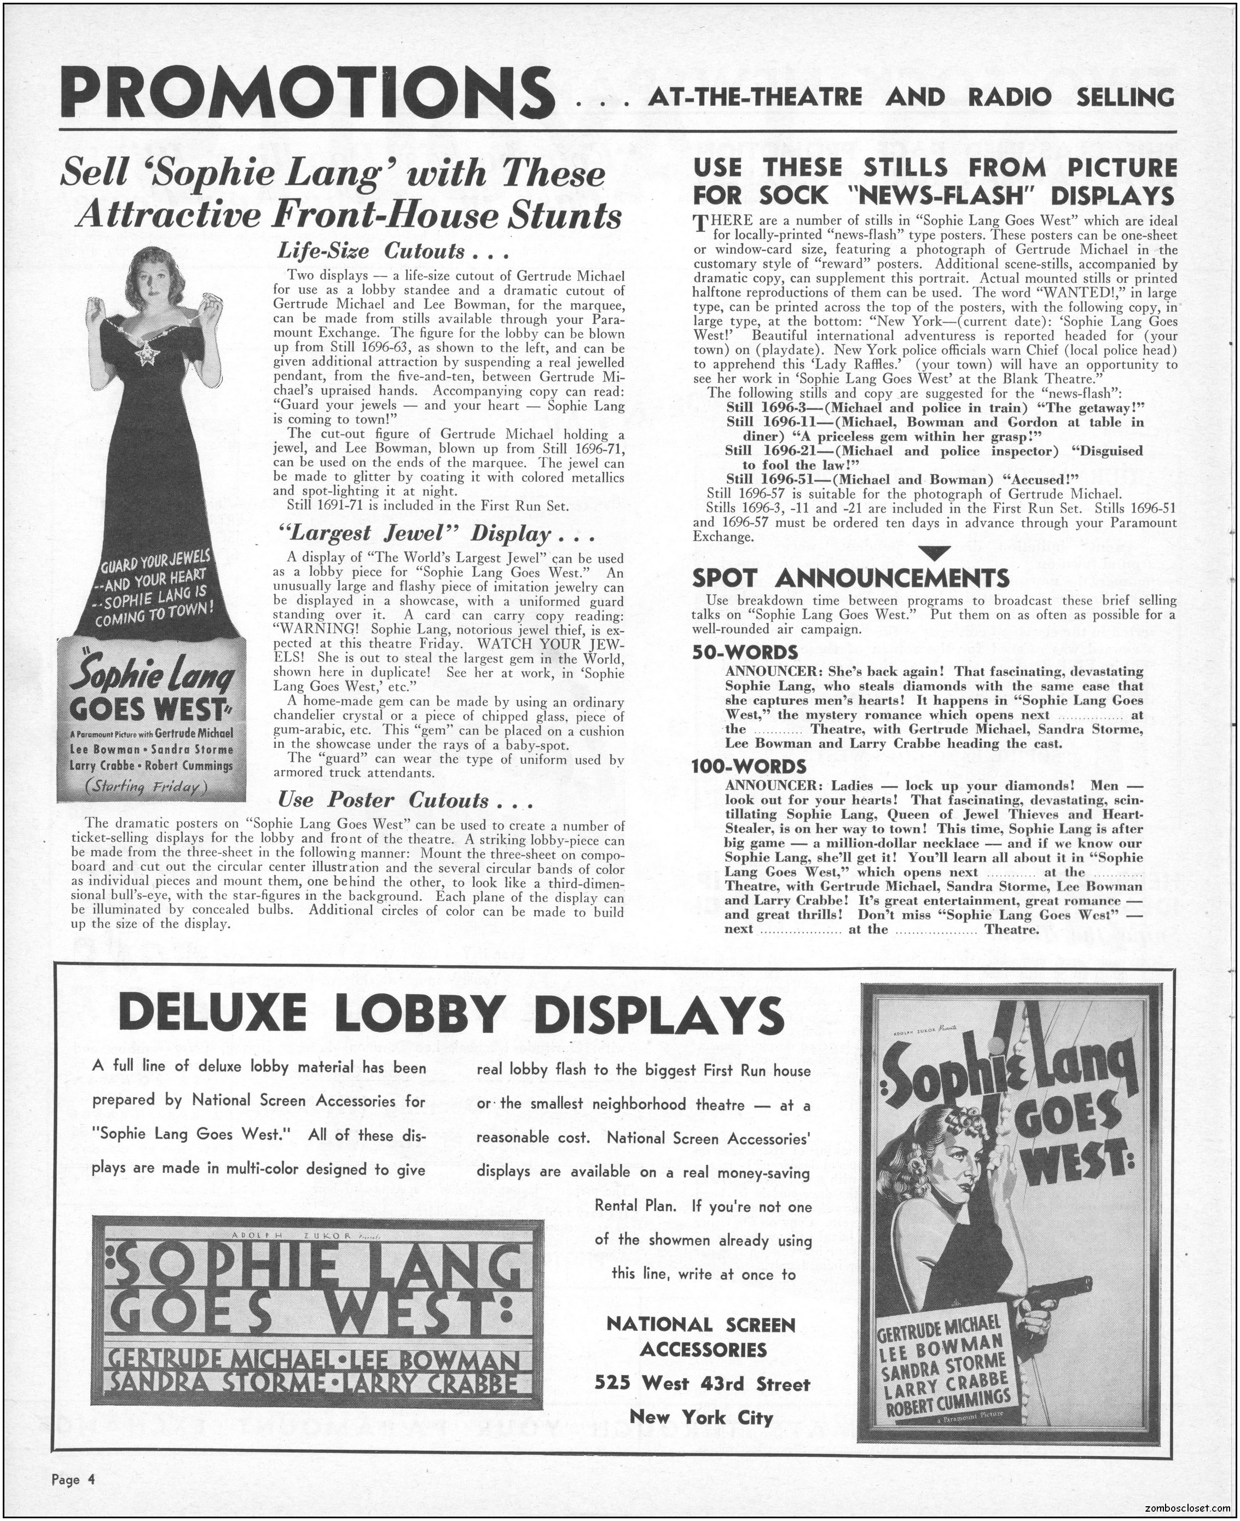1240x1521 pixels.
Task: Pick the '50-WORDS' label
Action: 745,652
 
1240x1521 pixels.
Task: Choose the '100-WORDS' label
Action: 749,766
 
